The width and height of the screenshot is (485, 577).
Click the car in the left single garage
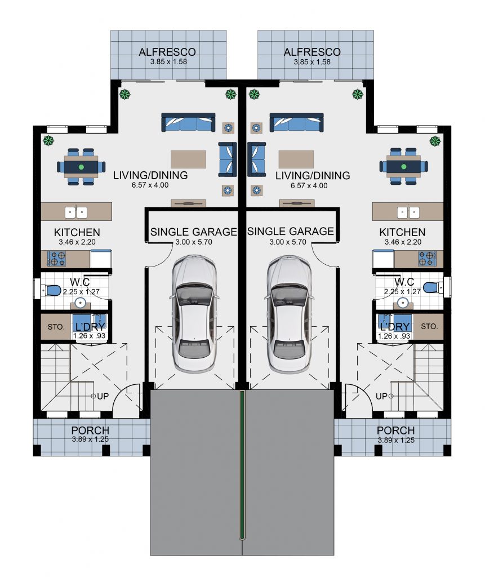[x=194, y=313]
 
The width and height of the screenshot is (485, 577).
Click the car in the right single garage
[x=289, y=313]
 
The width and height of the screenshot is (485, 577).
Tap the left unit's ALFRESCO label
[x=167, y=52]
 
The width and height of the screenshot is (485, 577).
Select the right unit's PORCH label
[x=395, y=430]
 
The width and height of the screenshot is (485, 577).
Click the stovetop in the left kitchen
[x=56, y=258]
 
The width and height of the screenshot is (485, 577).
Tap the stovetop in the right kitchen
[x=427, y=258]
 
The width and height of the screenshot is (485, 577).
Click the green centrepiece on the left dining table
[x=81, y=167]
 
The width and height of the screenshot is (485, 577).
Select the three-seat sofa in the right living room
[x=297, y=122]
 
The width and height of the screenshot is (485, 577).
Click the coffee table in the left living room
[x=188, y=159]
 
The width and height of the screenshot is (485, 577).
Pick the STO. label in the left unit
[x=56, y=327]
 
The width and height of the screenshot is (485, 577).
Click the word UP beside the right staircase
[x=381, y=396]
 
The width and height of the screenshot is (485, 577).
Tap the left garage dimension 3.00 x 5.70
[x=194, y=242]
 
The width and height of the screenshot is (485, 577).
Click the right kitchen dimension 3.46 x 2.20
[x=403, y=242]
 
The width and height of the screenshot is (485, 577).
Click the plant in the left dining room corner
[x=48, y=140]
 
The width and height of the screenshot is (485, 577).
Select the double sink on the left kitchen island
[x=76, y=212]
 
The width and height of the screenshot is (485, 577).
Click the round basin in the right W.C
[x=403, y=303]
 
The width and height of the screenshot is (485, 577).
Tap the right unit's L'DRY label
[x=395, y=327]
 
